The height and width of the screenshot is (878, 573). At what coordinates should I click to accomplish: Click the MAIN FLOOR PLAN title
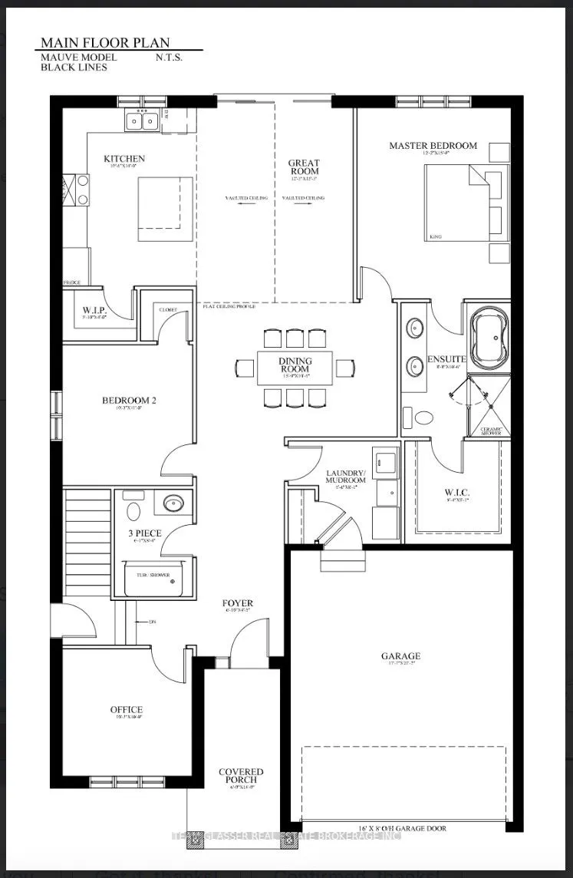click(104, 42)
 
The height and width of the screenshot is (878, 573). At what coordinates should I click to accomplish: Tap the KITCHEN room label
click(124, 159)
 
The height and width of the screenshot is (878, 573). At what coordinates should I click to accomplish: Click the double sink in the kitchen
click(142, 120)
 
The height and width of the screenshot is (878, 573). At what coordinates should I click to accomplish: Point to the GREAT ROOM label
click(304, 167)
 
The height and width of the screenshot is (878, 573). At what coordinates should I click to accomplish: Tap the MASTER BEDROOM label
click(433, 145)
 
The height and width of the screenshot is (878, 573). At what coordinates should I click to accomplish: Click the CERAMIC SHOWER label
click(490, 430)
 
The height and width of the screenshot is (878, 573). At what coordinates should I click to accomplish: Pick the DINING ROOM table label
click(295, 364)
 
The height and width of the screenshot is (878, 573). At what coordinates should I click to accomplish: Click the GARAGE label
click(400, 656)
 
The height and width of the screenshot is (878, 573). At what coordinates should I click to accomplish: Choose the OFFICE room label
click(126, 710)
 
